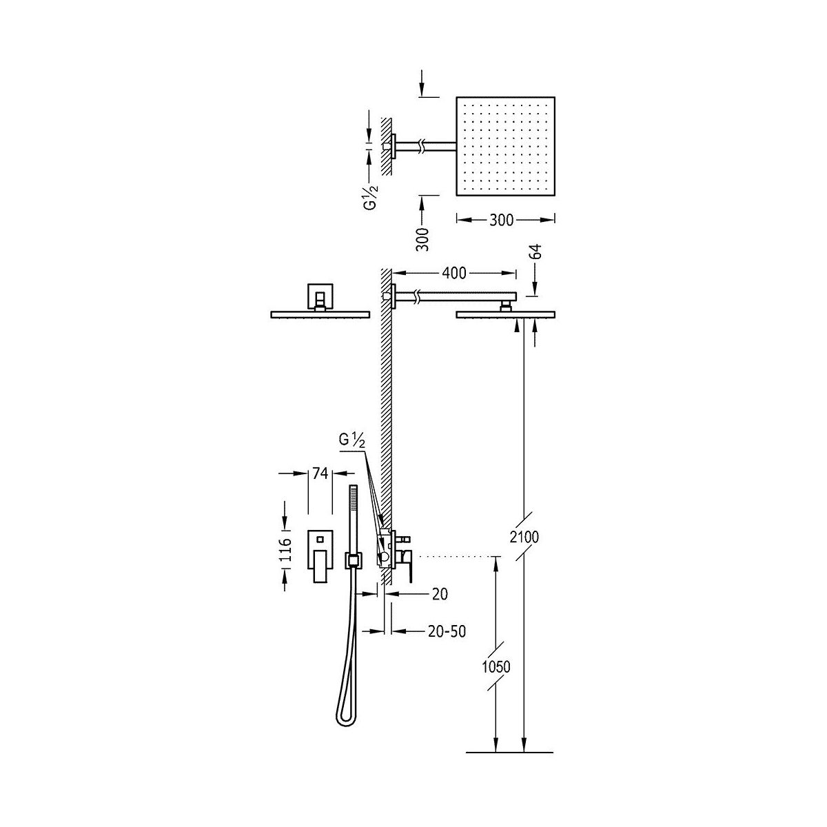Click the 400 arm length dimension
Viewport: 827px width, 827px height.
click(453, 273)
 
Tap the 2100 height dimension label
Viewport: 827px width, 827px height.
click(524, 536)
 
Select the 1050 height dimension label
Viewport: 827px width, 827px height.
click(496, 666)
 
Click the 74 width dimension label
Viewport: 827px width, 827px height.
click(320, 473)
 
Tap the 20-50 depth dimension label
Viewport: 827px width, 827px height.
click(447, 631)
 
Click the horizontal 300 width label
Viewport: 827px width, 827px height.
click(501, 220)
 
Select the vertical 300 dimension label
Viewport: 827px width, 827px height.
click(422, 239)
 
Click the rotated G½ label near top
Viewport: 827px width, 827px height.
click(371, 196)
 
